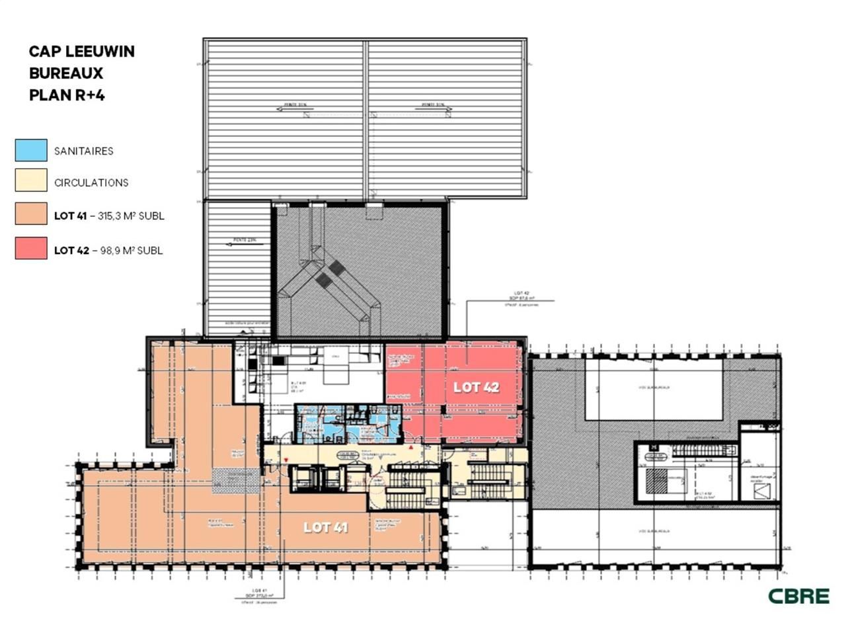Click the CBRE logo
(x=798, y=595)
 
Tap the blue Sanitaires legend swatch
(x=31, y=150)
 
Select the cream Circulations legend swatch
(x=31, y=182)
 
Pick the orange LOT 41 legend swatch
(x=31, y=214)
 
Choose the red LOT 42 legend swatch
(x=31, y=249)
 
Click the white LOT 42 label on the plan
(x=476, y=387)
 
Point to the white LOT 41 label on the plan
(x=325, y=527)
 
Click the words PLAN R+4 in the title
(x=67, y=95)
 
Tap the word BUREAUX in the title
(x=66, y=73)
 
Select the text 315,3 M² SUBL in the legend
(x=131, y=216)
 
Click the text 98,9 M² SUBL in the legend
(x=132, y=250)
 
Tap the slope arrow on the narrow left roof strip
(x=239, y=243)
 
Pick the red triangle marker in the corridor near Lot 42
(x=410, y=448)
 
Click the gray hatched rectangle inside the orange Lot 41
(x=235, y=481)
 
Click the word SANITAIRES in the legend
(x=84, y=151)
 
